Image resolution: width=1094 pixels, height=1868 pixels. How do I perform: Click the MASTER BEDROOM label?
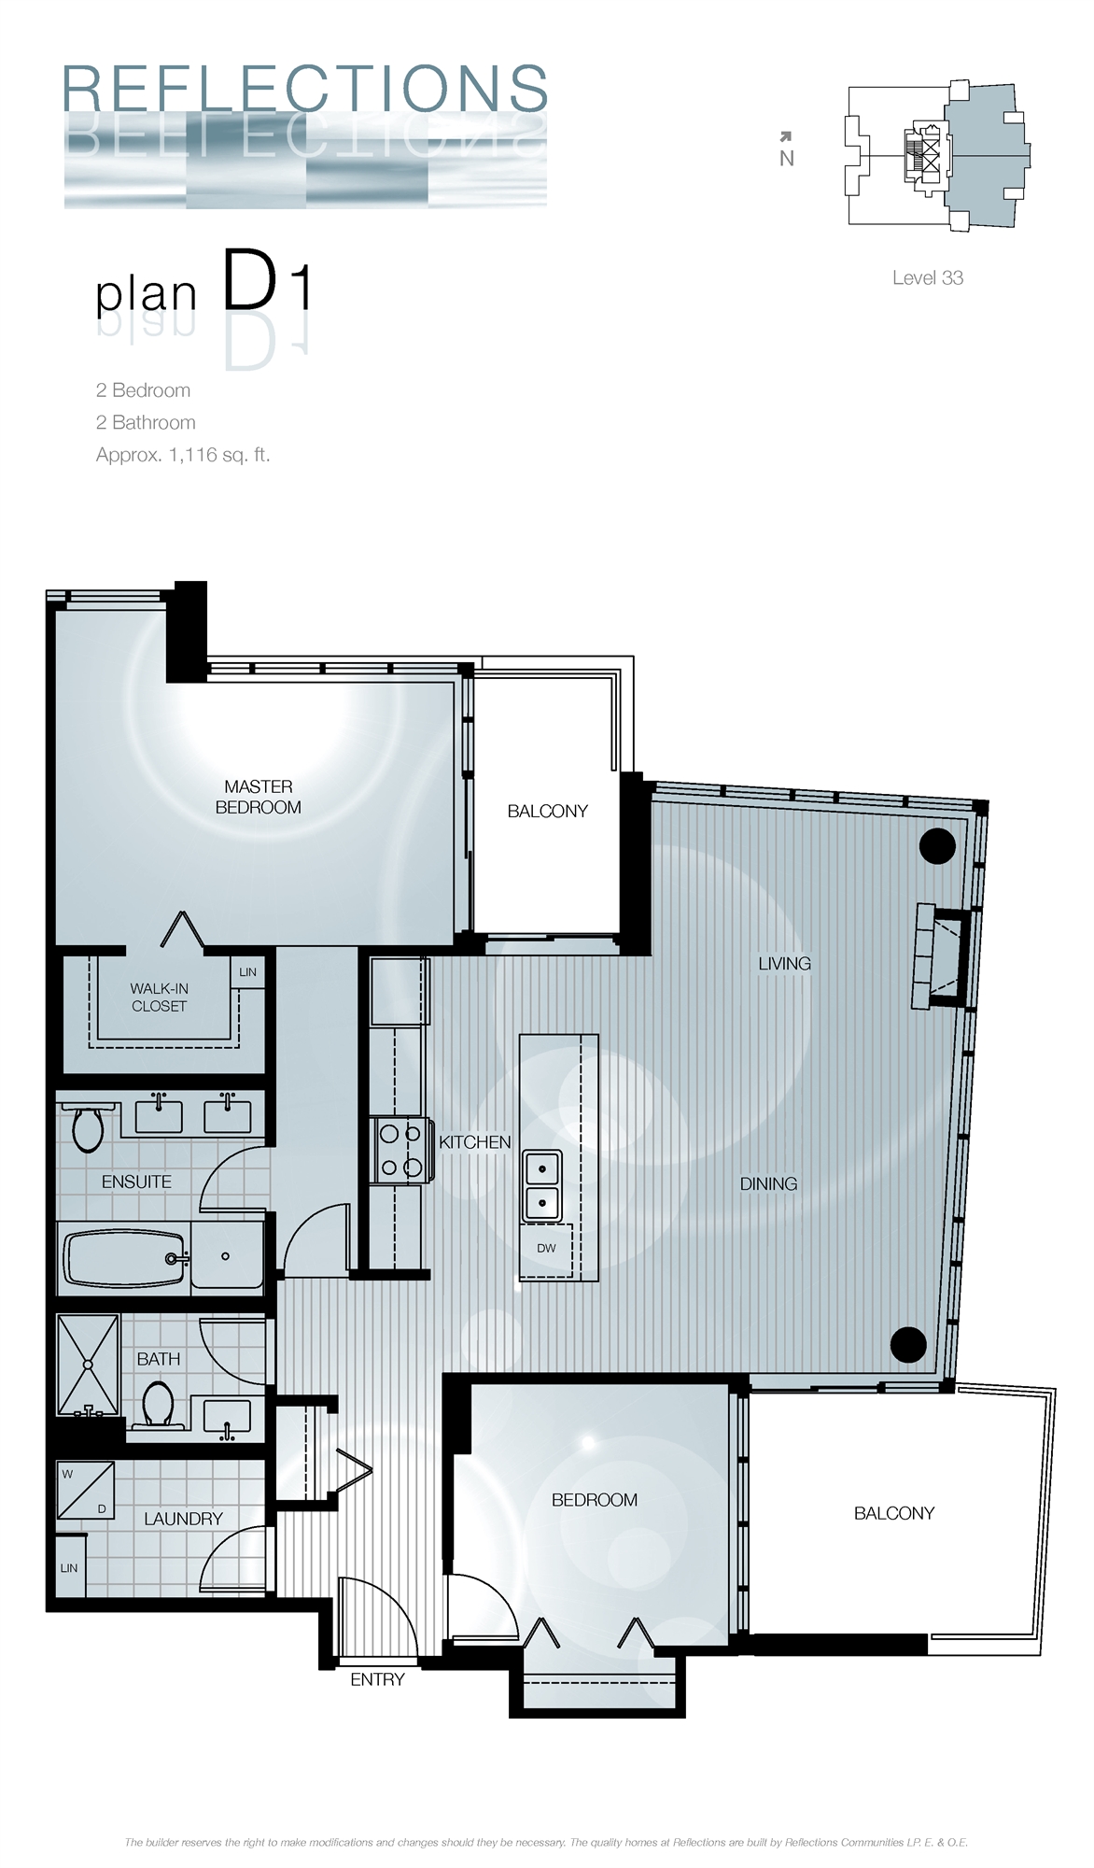click(x=259, y=797)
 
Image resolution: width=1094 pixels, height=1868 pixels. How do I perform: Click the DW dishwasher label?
click(x=546, y=1248)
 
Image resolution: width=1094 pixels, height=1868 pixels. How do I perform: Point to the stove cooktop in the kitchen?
click(x=400, y=1150)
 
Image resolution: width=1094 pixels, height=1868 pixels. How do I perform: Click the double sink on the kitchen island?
click(x=541, y=1184)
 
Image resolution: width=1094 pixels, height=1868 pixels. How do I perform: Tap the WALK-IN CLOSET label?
click(x=159, y=997)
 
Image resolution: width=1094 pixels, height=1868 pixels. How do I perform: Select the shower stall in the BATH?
click(x=88, y=1365)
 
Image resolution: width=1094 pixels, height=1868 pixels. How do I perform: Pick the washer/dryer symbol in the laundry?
click(x=85, y=1490)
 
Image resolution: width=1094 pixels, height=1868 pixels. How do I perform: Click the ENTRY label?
click(x=377, y=1679)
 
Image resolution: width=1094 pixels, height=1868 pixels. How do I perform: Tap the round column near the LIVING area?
click(x=937, y=846)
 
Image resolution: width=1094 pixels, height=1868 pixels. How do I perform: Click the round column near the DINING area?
click(x=908, y=1344)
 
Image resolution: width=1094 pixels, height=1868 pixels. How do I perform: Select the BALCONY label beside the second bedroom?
click(x=893, y=1513)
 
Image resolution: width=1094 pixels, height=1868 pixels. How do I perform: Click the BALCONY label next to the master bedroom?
click(x=547, y=811)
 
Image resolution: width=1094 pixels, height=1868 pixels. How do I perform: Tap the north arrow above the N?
click(x=786, y=137)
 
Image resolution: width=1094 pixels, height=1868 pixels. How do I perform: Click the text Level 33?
click(x=927, y=277)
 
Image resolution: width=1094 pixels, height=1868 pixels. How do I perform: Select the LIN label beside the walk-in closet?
click(x=247, y=971)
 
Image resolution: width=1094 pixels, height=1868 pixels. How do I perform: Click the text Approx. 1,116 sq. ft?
click(x=183, y=455)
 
